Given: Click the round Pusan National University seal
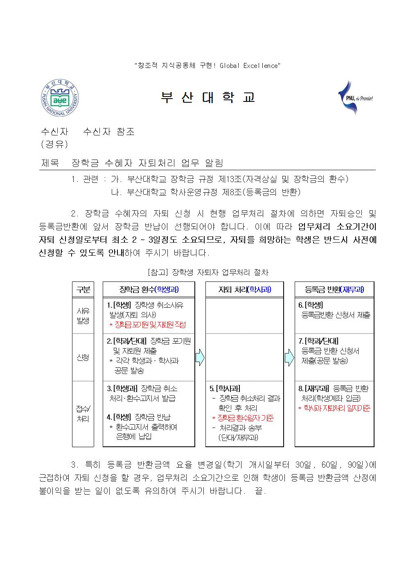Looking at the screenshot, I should point(60,98).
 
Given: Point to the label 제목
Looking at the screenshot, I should point(50,163).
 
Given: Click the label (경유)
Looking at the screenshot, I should point(54,144).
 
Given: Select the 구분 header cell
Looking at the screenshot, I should point(83,290).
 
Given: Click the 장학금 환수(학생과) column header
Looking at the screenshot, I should point(149,290).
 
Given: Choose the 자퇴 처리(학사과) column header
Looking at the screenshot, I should point(244,290).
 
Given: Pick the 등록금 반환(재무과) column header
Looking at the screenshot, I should point(334,290).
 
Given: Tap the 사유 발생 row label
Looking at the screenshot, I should point(83,316).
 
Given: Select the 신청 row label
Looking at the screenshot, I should point(83,357).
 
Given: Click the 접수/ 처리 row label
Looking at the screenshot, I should point(83,414).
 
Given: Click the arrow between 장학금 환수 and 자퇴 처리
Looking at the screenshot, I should point(200,358).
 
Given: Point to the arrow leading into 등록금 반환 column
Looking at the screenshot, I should point(289,358).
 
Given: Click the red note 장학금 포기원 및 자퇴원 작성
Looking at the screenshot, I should point(147,325).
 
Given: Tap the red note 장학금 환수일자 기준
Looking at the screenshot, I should point(243,418).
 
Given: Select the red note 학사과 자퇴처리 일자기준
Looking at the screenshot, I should point(334,408).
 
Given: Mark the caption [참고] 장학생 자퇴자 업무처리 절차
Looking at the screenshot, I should point(207,272).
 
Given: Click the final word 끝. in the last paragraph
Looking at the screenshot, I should point(260,491).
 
